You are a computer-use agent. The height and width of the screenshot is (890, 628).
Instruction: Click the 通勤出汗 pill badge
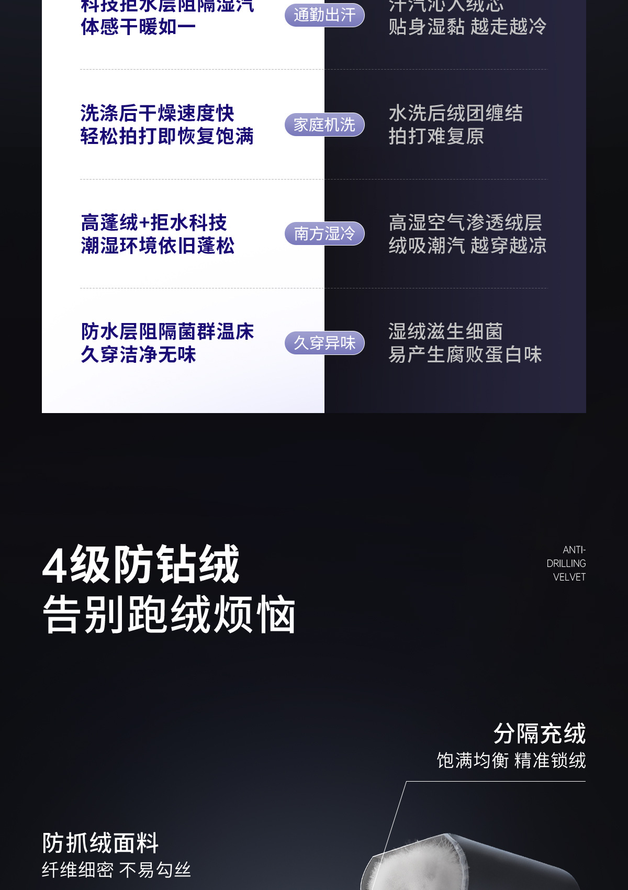click(x=324, y=15)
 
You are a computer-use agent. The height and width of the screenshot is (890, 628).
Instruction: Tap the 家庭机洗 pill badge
click(x=324, y=125)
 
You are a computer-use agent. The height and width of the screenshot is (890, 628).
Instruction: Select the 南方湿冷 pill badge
click(x=324, y=233)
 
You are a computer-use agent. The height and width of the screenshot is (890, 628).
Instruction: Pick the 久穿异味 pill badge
click(x=324, y=343)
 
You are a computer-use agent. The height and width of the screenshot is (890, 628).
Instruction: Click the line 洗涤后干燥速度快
click(x=157, y=113)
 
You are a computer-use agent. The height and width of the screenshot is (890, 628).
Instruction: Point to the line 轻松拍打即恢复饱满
click(x=167, y=136)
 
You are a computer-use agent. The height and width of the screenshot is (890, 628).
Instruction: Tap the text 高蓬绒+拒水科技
click(x=154, y=222)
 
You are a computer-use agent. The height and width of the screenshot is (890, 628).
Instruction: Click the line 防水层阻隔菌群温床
click(x=167, y=331)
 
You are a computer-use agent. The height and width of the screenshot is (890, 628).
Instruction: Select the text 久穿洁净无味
click(x=138, y=354)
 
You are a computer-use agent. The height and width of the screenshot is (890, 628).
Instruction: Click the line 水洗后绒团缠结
click(x=455, y=113)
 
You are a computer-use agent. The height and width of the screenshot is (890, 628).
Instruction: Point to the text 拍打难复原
click(x=436, y=136)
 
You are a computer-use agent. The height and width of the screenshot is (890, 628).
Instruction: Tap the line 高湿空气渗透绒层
click(x=465, y=222)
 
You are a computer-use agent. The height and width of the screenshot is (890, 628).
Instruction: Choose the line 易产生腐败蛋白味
click(x=465, y=354)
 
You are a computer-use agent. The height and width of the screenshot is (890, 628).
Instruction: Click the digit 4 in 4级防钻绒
click(x=54, y=565)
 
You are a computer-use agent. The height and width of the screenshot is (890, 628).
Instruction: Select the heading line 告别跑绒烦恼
click(x=169, y=614)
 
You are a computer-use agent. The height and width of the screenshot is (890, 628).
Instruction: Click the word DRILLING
click(x=566, y=563)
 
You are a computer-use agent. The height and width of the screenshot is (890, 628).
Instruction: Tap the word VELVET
click(x=569, y=577)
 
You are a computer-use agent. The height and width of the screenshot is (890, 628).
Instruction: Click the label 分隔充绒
click(x=539, y=733)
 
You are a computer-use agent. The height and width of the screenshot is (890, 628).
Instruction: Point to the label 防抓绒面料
click(x=100, y=843)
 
